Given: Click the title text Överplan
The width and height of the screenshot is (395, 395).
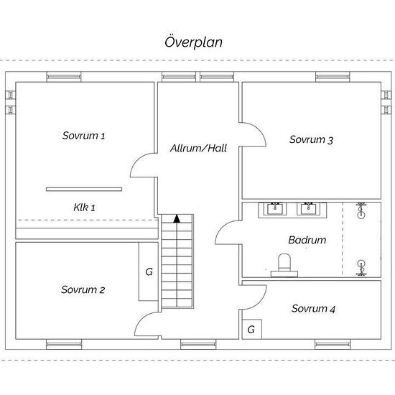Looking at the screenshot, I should click(193, 41).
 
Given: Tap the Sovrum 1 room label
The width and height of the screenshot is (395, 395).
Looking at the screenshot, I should click(83, 135).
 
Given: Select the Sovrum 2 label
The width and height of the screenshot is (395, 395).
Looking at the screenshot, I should click(83, 290).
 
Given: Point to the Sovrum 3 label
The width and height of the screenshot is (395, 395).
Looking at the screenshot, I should click(311, 140).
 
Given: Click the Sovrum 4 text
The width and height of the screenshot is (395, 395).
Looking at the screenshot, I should click(313, 309).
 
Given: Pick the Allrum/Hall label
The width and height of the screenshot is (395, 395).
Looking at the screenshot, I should click(198, 149).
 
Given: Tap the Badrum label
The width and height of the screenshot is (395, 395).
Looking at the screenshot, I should click(307, 241).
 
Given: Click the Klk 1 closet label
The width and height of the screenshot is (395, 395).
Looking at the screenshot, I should click(84, 207).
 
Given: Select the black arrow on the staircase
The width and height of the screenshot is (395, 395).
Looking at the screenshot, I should click(176, 218).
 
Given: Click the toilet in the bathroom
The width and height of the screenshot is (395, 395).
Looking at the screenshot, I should click(284, 264).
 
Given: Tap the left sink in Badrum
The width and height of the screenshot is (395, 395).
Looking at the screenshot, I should click(274, 209).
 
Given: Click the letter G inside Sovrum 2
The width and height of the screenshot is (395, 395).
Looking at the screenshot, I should click(149, 272).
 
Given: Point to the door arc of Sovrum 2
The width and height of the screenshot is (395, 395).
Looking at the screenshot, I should click(146, 324).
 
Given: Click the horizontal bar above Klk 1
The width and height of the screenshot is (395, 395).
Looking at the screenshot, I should click(84, 189).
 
